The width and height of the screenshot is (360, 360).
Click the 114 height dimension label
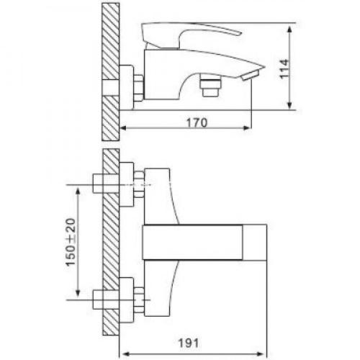[x=284, y=69]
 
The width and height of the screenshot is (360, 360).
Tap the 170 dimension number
[x=197, y=122]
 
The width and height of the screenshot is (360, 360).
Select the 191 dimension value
[x=189, y=343]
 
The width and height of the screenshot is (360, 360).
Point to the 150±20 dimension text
[x=71, y=242]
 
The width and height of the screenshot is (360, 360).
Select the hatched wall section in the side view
[x=110, y=71]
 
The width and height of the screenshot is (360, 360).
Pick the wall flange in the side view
[x=126, y=87]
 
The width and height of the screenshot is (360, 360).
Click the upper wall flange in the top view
[x=126, y=184]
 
